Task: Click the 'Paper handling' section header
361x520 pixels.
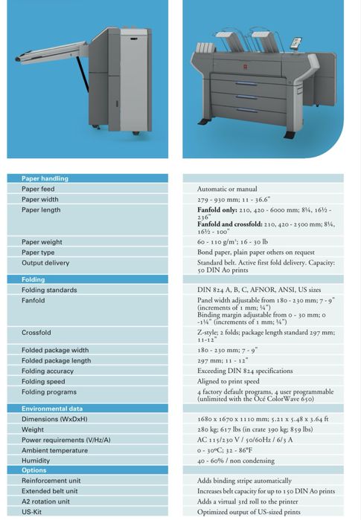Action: tap(45, 178)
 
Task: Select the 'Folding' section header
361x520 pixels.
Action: tap(33, 279)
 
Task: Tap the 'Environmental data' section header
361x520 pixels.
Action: tap(52, 409)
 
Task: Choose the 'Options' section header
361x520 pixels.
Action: tap(34, 470)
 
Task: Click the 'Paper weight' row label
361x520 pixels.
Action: tap(42, 241)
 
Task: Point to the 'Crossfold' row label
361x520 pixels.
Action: tap(36, 333)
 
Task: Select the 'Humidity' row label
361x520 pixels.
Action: tap(36, 460)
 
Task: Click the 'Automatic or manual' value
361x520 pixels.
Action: tap(227, 189)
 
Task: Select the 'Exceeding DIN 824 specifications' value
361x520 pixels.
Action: tap(246, 371)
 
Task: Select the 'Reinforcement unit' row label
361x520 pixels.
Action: tap(51, 481)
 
